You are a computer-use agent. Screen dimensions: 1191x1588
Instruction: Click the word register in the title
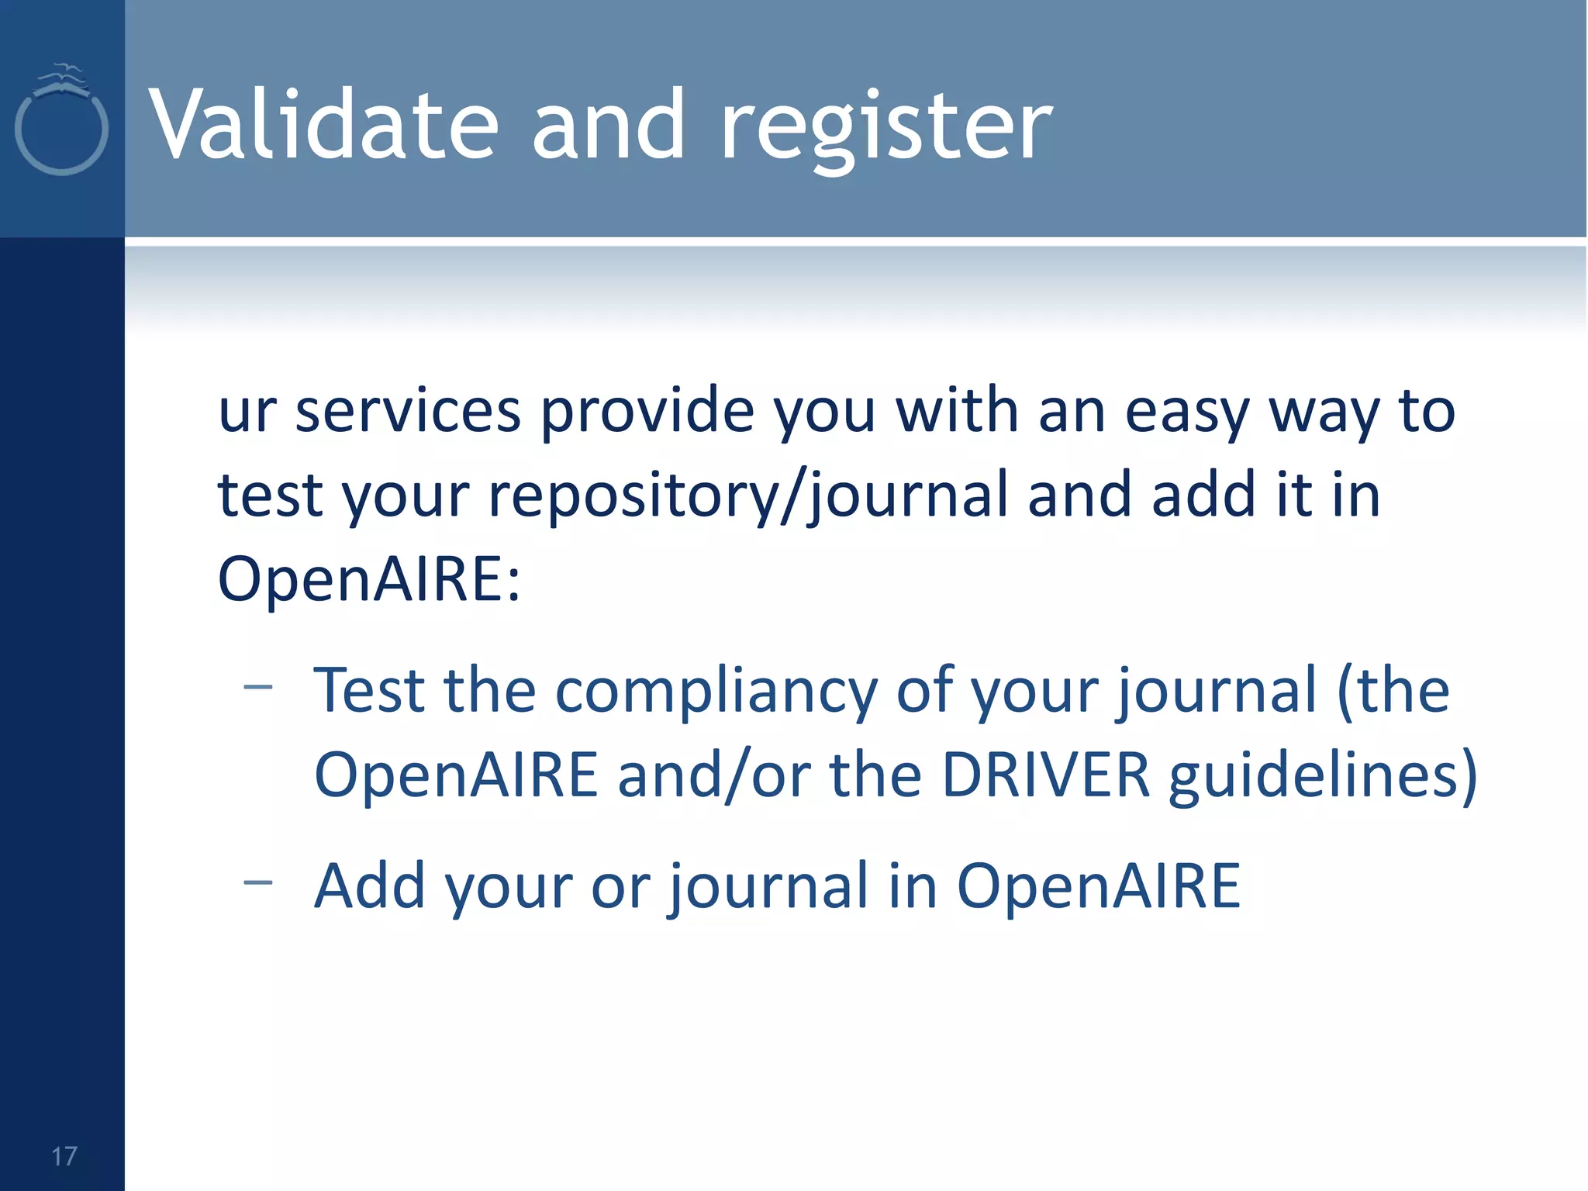(886, 128)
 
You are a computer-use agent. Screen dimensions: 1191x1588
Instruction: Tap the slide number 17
(64, 1156)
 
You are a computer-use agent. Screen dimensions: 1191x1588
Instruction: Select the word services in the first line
(408, 411)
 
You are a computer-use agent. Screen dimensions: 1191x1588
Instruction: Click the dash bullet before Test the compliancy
(257, 686)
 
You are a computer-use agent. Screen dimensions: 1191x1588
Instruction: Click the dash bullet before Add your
(257, 882)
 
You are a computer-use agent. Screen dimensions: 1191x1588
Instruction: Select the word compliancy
(716, 692)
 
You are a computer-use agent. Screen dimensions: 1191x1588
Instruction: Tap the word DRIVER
(1045, 775)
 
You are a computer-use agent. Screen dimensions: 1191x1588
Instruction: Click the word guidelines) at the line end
(1323, 778)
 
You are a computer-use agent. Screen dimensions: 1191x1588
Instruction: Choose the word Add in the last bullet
(370, 885)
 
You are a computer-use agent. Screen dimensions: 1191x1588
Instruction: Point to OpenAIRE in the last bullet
(1098, 885)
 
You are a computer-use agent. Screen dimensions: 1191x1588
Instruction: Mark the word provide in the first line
(647, 413)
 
